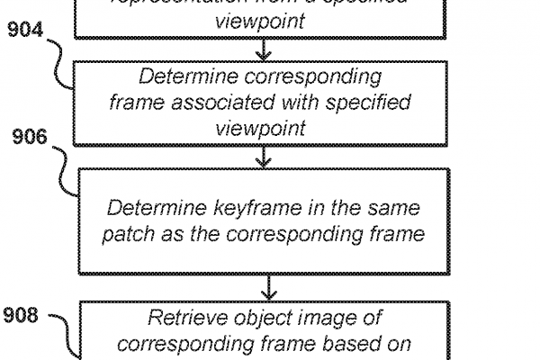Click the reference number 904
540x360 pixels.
click(x=25, y=31)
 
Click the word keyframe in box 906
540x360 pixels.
click(x=247, y=209)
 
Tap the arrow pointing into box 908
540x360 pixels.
click(x=269, y=290)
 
